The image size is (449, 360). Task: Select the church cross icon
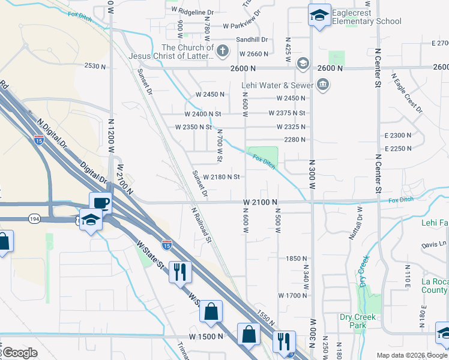click(x=222, y=50)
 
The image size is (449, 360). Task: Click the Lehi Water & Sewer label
click(x=277, y=85)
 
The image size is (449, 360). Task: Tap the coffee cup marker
click(x=100, y=203)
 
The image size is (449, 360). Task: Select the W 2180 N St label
click(x=221, y=177)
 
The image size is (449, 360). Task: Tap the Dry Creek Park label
click(x=357, y=321)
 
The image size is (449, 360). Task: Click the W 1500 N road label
click(x=205, y=336)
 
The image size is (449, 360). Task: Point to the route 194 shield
click(x=34, y=220)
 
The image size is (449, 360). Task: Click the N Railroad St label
click(x=202, y=224)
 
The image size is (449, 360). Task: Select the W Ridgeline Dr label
click(x=192, y=12)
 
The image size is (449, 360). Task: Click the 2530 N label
click(x=95, y=65)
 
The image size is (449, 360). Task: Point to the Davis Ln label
click(x=434, y=245)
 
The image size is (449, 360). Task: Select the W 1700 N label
click(x=293, y=295)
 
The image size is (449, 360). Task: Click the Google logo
click(x=20, y=353)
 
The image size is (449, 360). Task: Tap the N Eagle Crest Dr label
click(x=407, y=94)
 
